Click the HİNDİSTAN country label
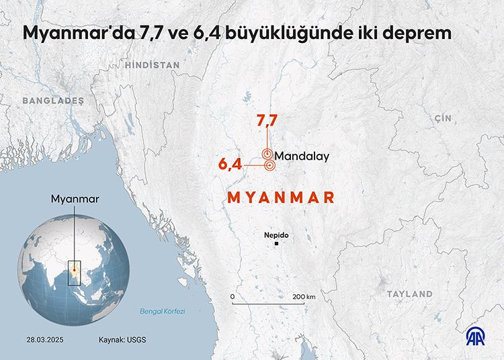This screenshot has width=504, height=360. tap(152, 65)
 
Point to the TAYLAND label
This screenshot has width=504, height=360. tap(409, 294)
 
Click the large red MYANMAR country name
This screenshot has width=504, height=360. tap(281, 197)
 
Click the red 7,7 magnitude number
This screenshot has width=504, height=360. tap(267, 122)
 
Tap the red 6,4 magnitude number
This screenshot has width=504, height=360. tap(230, 164)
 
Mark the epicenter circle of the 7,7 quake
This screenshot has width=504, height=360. tap(267, 154)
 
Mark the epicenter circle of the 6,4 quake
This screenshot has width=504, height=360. tap(269, 165)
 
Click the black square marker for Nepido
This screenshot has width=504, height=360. tap(276, 244)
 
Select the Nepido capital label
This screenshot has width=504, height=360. tap(276, 235)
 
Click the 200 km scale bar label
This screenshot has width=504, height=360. tap(303, 296)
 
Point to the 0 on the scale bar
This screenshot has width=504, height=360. tap(232, 296)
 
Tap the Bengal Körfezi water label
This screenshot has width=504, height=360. tap(162, 312)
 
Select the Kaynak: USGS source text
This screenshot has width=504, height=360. tap(122, 339)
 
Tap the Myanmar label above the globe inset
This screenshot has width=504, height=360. tap(75, 199)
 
